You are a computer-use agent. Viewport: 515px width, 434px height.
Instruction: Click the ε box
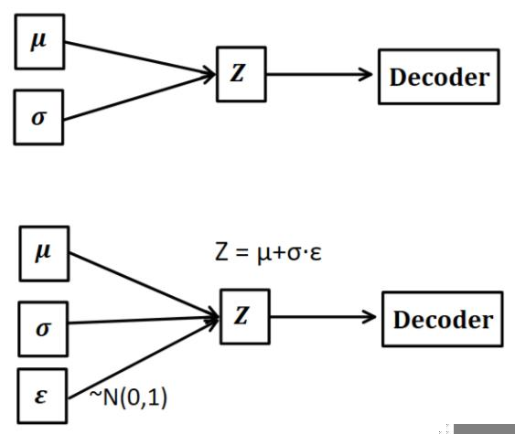[x=40, y=398]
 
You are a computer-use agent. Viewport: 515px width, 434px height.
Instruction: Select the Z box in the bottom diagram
[x=241, y=317]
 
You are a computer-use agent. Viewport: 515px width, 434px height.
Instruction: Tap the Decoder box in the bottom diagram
[x=441, y=319]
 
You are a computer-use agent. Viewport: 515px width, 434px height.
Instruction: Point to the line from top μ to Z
[x=137, y=57]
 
